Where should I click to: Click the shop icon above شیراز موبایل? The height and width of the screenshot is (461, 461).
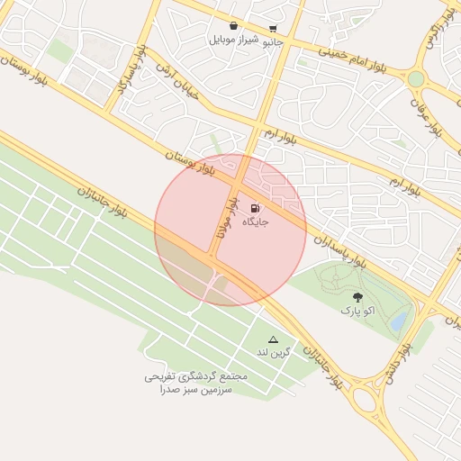pos(234,26)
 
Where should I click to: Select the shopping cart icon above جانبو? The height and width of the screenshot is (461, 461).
pos(273,29)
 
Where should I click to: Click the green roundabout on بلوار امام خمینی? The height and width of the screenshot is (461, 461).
pos(415,79)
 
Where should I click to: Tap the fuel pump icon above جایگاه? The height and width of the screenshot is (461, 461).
pos(255,208)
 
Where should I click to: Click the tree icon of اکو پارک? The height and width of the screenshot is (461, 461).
pos(357,296)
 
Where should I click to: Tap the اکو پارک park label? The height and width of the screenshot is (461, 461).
pos(357,310)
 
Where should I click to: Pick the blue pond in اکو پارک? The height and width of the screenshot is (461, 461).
pos(398,320)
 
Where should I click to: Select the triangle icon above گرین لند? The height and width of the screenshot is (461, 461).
pos(274,339)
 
